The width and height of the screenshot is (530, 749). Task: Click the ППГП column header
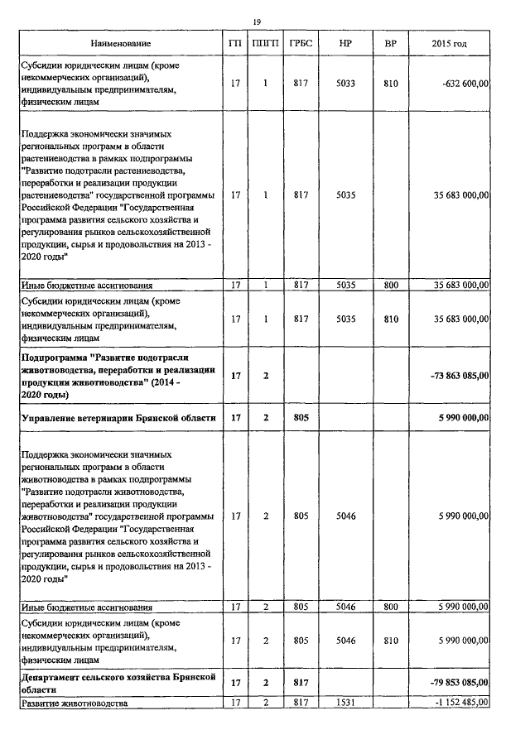265,42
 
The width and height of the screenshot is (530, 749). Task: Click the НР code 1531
346,702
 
